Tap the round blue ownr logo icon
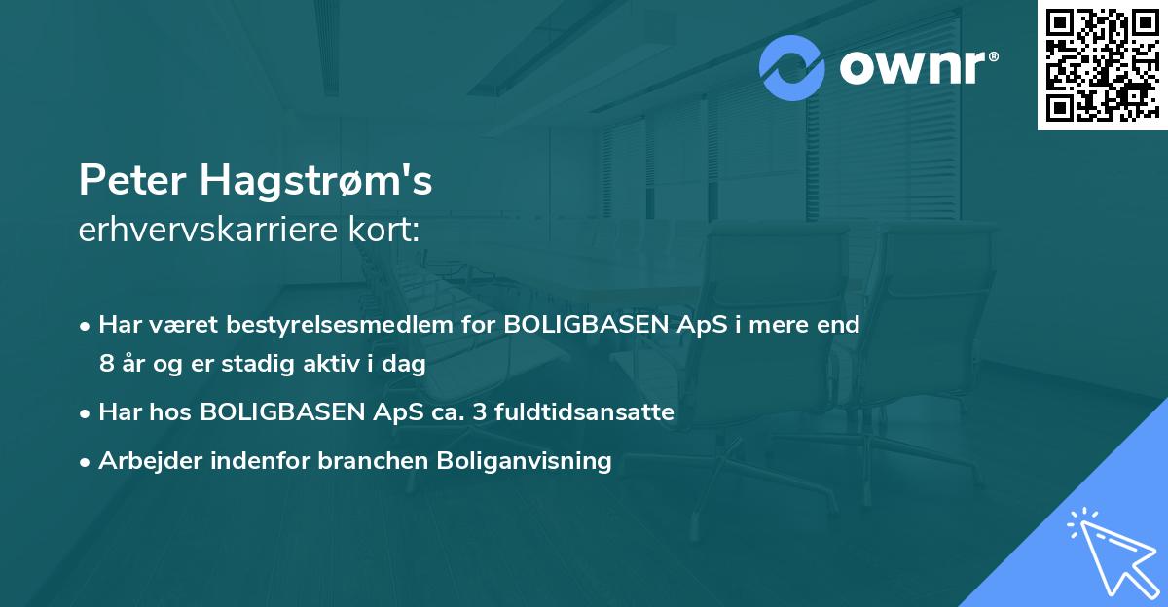[x=792, y=68]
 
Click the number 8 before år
[x=106, y=365]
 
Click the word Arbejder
[x=145, y=461]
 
